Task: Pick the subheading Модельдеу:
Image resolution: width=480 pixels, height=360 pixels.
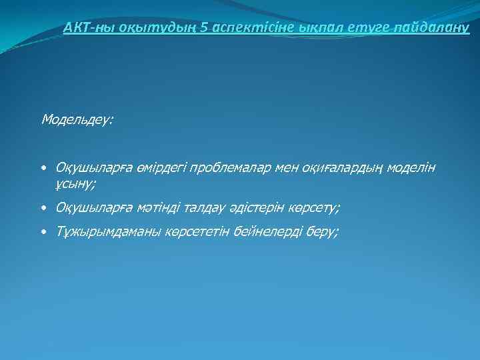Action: tap(77, 120)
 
